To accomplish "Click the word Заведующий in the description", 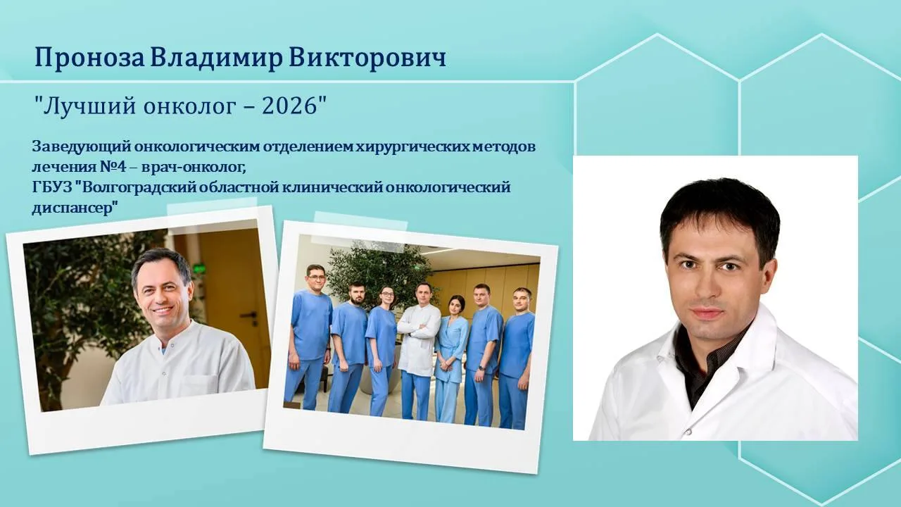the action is click(x=82, y=147).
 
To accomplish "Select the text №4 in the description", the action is click(x=113, y=167).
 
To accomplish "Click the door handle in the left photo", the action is click(x=248, y=314).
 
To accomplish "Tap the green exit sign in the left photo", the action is click(x=199, y=267).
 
